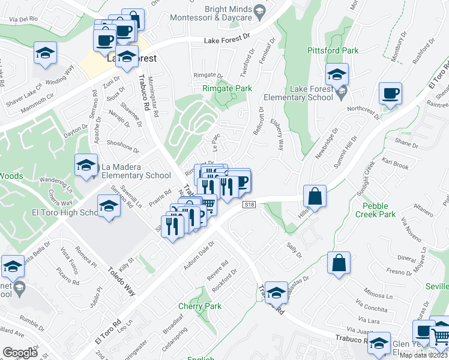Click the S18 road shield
[250, 205]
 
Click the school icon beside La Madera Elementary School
[86, 164]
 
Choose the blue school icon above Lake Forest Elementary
[337, 75]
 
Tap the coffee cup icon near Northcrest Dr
[390, 94]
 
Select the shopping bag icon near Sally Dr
[339, 262]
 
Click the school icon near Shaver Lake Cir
[45, 52]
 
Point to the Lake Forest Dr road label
[226, 40]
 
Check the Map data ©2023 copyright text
[423, 355]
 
